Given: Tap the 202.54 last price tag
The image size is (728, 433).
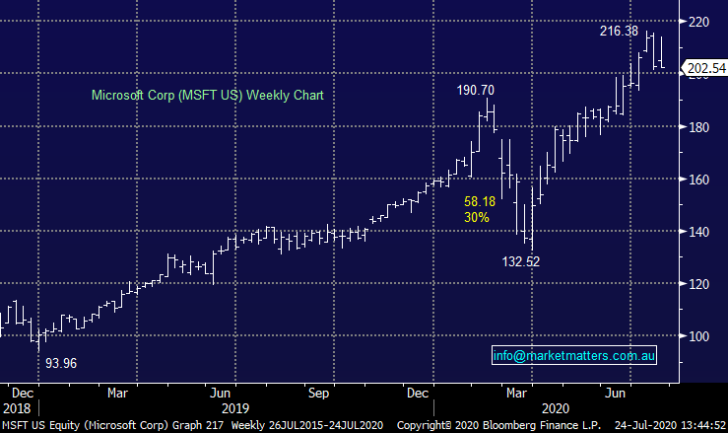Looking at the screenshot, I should click(704, 69).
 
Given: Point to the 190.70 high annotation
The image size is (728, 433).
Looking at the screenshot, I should click(477, 90).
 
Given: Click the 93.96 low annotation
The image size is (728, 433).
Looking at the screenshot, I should click(62, 363).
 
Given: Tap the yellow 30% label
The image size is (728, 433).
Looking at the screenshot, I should click(477, 217).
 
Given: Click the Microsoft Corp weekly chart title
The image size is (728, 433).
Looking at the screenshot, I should click(207, 96).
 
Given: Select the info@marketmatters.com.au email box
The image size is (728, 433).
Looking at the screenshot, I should click(574, 355).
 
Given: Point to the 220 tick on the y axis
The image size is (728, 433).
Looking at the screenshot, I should click(699, 23).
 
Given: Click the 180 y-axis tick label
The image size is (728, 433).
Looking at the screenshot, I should click(699, 127).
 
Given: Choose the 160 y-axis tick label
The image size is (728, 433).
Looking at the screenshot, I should click(699, 180).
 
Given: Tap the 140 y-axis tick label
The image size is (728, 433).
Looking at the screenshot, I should click(699, 232).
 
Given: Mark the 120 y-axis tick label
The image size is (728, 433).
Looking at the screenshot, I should click(699, 284).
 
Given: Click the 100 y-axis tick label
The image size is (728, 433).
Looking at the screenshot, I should click(699, 336).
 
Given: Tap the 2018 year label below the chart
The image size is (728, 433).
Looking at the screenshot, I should click(17, 406).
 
